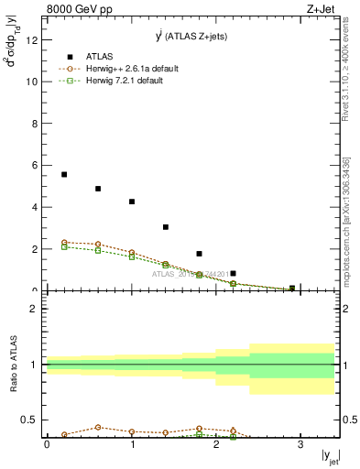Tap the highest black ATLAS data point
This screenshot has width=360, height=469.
point(64,174)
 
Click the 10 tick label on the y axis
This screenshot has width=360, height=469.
point(32,82)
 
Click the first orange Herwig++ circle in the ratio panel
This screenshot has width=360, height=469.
point(64,434)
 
